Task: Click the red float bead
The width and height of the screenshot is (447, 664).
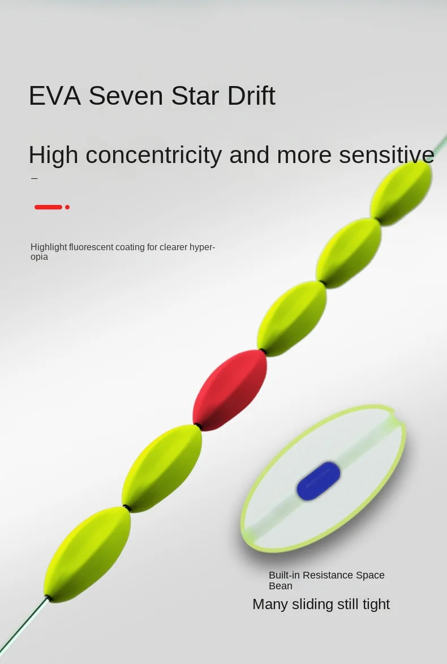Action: (230, 390)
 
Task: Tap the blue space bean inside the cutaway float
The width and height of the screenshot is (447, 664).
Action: (319, 481)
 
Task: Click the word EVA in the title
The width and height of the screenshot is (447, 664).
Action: (55, 96)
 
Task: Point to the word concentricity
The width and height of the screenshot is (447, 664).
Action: (154, 155)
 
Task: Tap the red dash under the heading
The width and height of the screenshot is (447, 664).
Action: (48, 207)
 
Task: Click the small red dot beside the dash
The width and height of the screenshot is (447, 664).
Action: (67, 207)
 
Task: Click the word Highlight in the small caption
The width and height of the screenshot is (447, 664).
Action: (49, 247)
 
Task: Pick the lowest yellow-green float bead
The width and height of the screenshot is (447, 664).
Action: (87, 555)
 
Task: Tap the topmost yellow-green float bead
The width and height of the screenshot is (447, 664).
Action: (401, 193)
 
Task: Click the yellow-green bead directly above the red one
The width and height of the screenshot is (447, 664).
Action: (291, 319)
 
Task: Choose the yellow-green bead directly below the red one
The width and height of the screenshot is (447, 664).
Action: (162, 468)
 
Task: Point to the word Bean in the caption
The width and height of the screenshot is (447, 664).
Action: (281, 586)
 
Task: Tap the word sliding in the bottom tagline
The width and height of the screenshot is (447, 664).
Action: (312, 605)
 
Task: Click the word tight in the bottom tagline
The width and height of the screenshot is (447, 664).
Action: (376, 605)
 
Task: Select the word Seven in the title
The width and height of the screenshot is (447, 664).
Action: (126, 96)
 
